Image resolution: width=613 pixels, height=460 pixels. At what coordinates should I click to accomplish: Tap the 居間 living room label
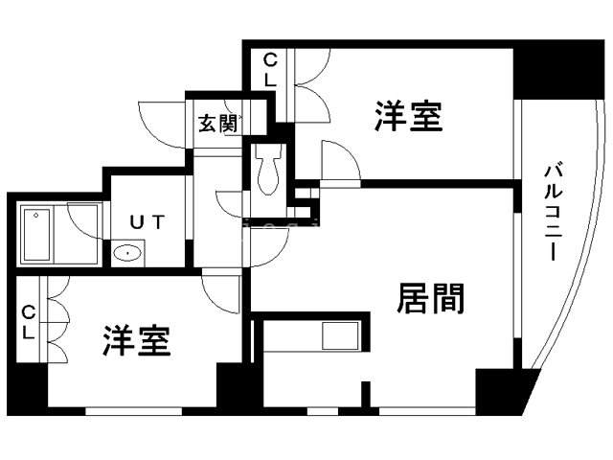click(431, 300)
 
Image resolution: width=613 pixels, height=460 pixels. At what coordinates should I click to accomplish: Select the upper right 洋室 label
click(408, 117)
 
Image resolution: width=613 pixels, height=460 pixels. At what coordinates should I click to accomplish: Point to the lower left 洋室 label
click(137, 341)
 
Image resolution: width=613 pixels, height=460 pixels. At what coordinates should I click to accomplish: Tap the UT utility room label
click(148, 222)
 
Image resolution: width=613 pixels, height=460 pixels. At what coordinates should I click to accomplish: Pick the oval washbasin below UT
click(126, 253)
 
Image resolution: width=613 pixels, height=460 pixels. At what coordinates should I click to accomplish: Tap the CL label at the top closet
click(270, 70)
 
